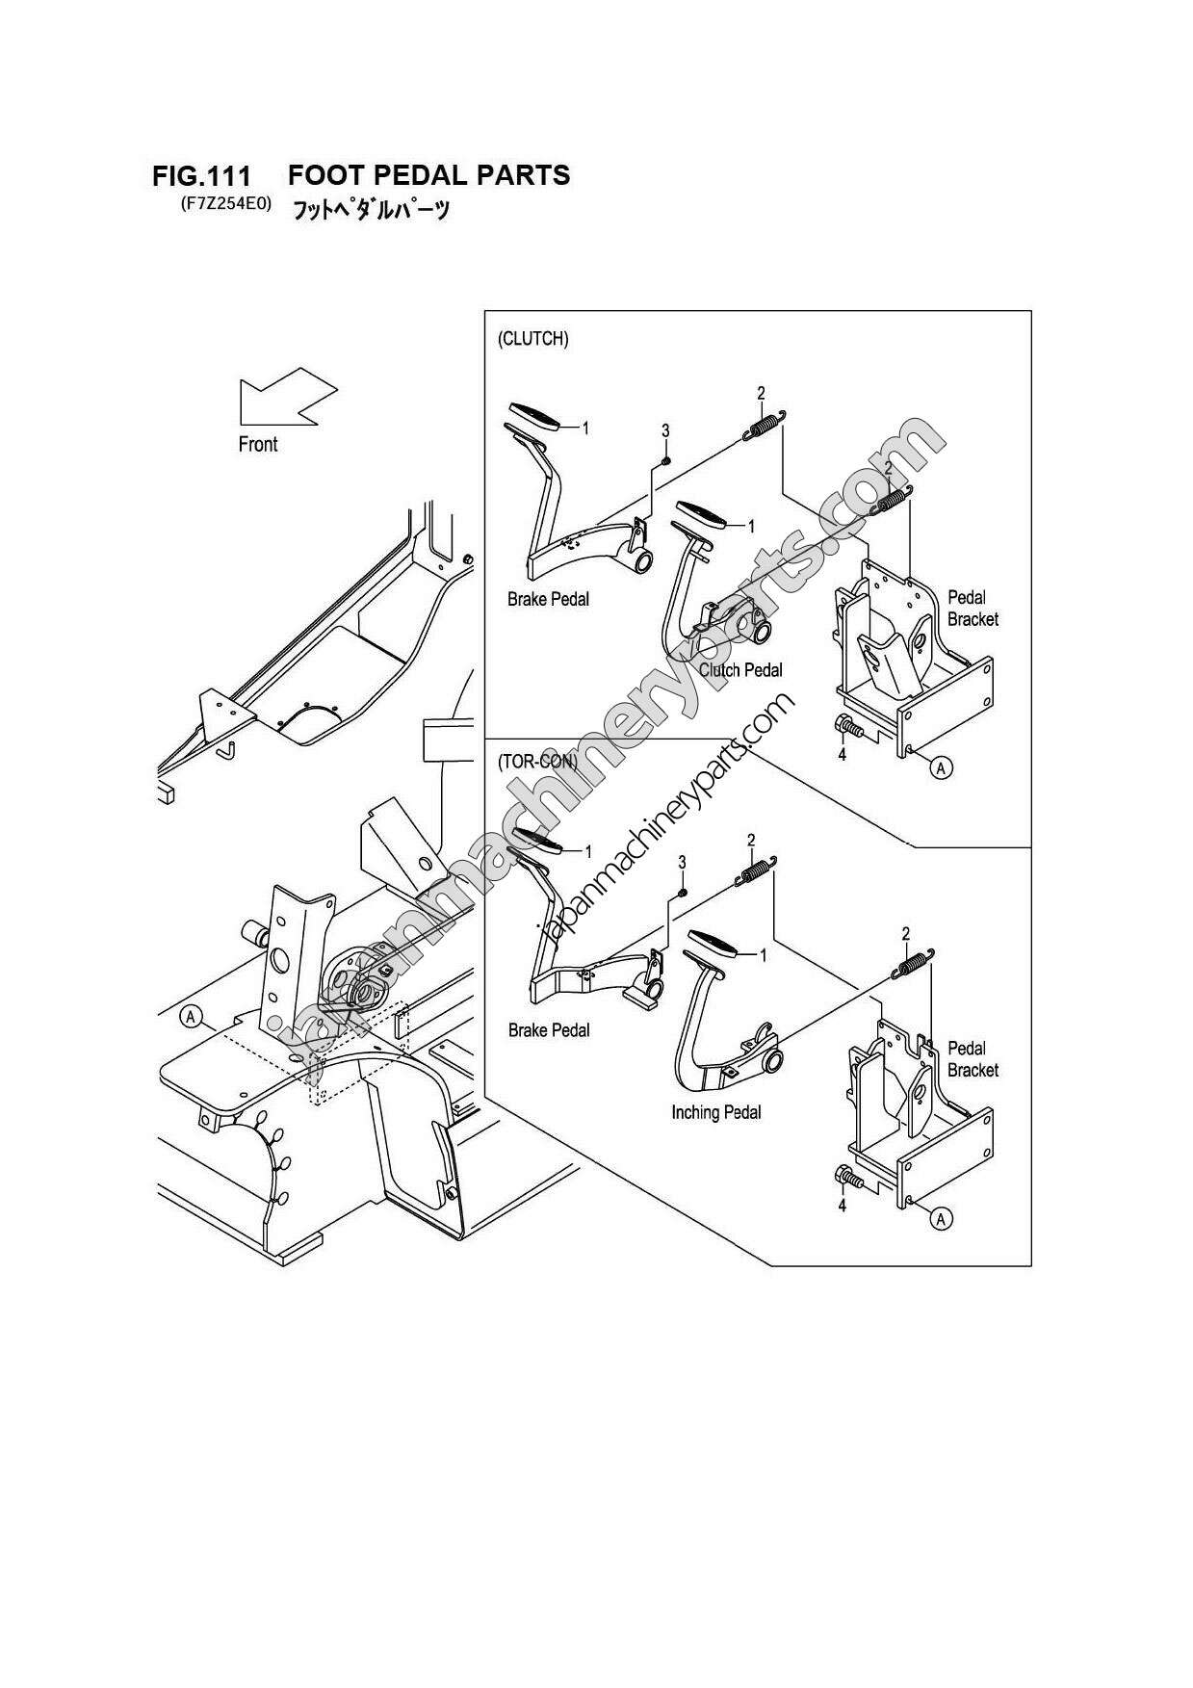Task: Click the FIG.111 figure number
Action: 201,177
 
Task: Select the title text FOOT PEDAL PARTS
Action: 428,175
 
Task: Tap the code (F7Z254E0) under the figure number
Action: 224,204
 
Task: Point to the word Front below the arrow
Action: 257,444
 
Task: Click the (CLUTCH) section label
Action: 532,339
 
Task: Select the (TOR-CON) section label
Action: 536,761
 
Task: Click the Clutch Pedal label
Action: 740,670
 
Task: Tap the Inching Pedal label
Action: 715,1112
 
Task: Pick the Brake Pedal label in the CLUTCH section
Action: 548,599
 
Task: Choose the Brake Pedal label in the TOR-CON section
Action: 549,1030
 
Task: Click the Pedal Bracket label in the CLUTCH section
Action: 972,608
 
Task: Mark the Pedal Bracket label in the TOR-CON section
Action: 972,1058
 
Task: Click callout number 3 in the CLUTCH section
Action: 665,430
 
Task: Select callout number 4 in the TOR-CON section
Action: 842,1206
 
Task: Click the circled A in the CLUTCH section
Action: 942,767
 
